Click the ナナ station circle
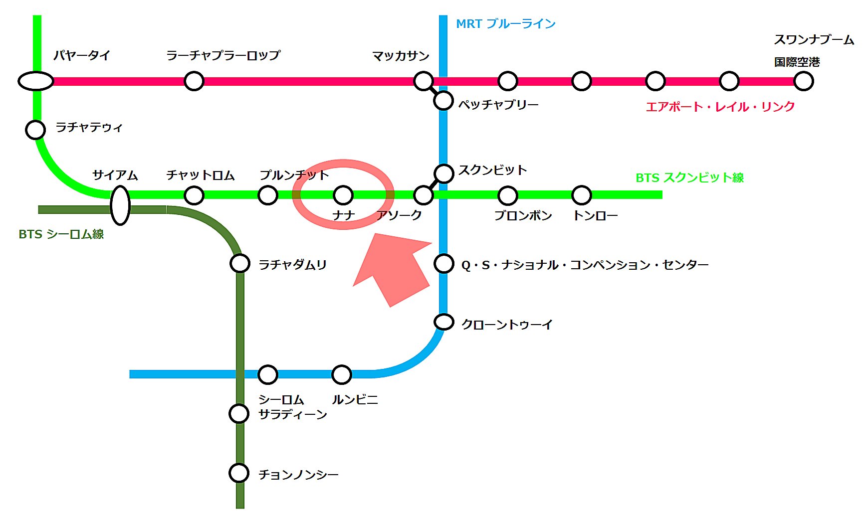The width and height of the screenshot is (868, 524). [343, 195]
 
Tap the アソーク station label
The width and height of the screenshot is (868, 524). [399, 215]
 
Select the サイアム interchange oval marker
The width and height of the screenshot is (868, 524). [120, 205]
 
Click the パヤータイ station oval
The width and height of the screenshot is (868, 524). [36, 81]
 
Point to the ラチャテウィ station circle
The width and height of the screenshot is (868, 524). [35, 130]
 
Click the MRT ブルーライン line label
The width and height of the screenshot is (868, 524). [505, 24]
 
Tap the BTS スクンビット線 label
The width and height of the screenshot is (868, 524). [689, 177]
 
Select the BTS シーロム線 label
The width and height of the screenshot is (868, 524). [61, 234]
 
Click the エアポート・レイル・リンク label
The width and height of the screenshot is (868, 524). [720, 107]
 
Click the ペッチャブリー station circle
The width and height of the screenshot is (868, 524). [443, 100]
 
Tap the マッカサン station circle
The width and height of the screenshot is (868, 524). [424, 81]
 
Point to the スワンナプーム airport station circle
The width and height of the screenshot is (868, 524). [804, 81]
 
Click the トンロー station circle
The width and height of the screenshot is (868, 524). [582, 195]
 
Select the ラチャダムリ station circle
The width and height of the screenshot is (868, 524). [240, 263]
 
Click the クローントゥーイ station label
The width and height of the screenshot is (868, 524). [507, 325]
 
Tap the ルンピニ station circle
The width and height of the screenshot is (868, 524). [342, 374]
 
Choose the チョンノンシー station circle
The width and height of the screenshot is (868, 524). [239, 473]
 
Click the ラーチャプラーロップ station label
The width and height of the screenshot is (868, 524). [223, 55]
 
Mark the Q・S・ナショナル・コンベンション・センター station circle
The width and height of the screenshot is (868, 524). [443, 263]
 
